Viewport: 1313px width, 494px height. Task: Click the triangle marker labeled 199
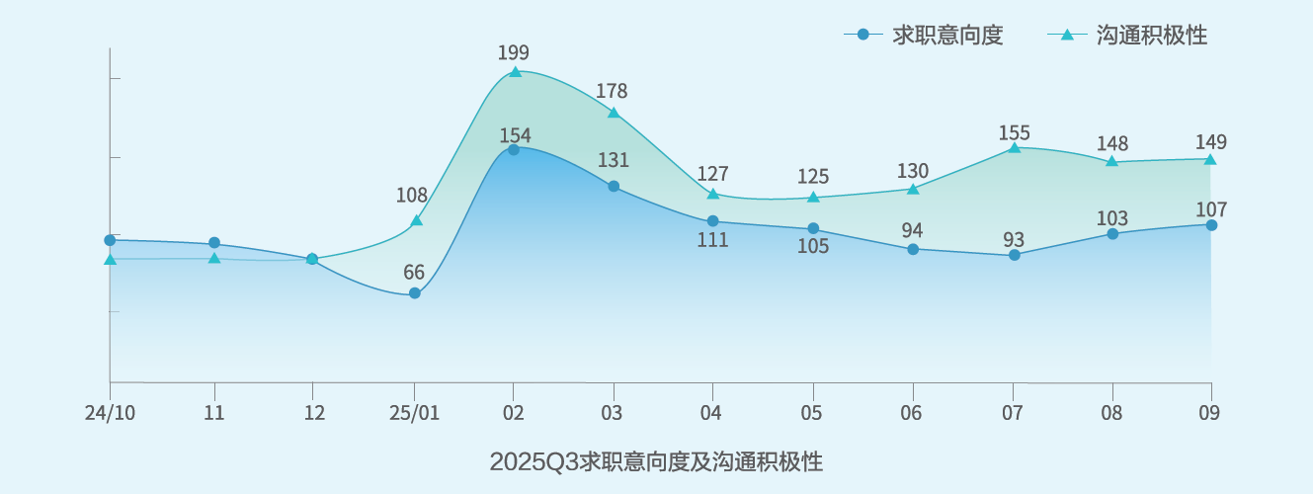tap(515, 72)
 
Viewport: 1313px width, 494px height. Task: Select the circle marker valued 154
tap(514, 150)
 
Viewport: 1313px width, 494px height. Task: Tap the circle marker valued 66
tap(415, 293)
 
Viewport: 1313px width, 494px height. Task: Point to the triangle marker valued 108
tap(417, 220)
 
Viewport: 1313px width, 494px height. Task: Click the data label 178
tap(612, 91)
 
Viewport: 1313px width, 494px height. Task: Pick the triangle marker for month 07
tap(1014, 148)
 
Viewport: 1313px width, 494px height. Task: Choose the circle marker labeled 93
tap(1015, 255)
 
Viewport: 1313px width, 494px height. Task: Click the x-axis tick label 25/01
tap(415, 413)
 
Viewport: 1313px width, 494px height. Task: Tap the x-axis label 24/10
tap(110, 413)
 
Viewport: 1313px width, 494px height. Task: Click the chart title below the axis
tap(656, 461)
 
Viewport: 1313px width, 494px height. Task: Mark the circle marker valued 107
tap(1211, 225)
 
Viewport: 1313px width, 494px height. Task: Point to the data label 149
tap(1210, 141)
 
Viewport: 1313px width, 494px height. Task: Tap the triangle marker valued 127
tap(713, 195)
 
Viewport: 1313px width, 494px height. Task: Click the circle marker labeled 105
tap(813, 228)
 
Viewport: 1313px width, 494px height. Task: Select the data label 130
tap(912, 170)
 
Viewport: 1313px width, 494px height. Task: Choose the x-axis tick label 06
tap(912, 413)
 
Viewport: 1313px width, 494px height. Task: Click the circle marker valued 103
tap(1112, 234)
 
